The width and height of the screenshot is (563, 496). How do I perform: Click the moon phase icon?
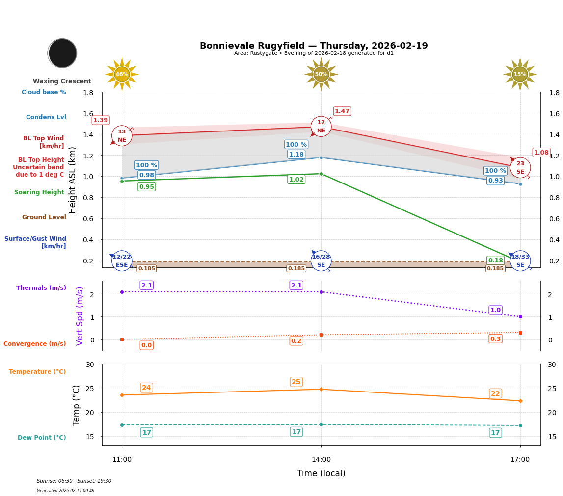[x=62, y=53]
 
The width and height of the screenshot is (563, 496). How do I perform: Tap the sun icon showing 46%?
[x=122, y=74]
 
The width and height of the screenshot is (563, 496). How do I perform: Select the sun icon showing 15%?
[x=520, y=74]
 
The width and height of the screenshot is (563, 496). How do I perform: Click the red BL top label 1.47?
[x=342, y=111]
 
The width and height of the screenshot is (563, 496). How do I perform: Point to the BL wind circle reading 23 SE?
[x=520, y=168]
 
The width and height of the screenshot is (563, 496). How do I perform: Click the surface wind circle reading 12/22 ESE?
[x=122, y=261]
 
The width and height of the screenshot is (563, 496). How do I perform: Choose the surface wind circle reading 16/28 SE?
[x=321, y=261]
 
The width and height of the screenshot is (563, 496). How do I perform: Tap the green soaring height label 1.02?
[x=296, y=180]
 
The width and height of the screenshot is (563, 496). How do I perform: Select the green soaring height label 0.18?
[x=495, y=260]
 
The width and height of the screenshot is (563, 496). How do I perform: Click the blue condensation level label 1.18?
[x=296, y=154]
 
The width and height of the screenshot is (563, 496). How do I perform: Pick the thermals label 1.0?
[x=495, y=310]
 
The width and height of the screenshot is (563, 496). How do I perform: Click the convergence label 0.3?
[x=495, y=339]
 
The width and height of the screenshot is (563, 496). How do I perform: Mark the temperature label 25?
[x=296, y=382]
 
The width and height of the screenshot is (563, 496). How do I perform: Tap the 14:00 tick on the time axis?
[x=321, y=459]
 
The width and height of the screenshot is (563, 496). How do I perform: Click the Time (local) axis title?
[x=321, y=473]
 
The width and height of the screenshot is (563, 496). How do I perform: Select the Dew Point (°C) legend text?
[x=42, y=437]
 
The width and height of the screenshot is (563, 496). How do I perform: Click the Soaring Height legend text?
[x=39, y=192]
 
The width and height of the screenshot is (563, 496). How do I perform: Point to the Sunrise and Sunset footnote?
[x=74, y=481]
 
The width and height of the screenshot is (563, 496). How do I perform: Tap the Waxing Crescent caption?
[x=62, y=81]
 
